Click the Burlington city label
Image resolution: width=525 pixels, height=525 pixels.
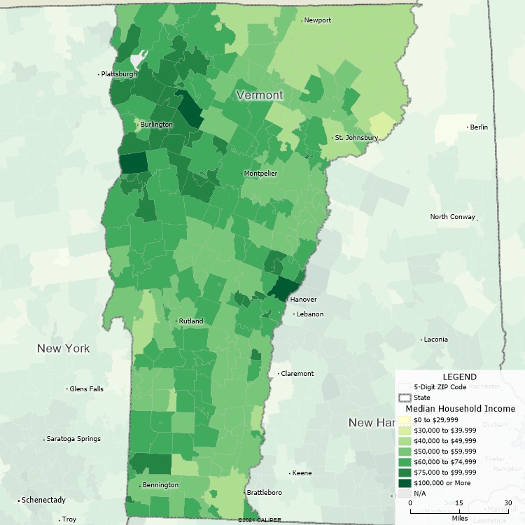pos(156,125)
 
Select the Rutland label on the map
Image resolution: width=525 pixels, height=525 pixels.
pos(190,321)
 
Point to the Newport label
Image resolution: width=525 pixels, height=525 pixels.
pos(318,20)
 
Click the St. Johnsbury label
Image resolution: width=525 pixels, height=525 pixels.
pos(356,138)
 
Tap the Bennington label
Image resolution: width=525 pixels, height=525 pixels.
pos(160,485)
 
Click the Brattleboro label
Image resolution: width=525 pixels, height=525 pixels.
pos(265,493)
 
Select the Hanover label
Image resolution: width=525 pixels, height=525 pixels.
pos(303,300)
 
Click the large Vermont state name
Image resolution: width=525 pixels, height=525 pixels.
pos(260,94)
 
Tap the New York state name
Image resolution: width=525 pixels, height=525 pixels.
pos(64,349)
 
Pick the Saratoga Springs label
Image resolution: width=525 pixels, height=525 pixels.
pos(73,439)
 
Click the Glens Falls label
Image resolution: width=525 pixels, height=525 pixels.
pos(86,388)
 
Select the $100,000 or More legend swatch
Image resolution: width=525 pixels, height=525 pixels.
pos(404,483)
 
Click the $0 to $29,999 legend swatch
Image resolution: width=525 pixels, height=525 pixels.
pos(404,420)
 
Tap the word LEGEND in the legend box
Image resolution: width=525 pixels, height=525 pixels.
pos(459,377)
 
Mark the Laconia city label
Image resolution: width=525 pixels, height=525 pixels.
pos(435,339)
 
